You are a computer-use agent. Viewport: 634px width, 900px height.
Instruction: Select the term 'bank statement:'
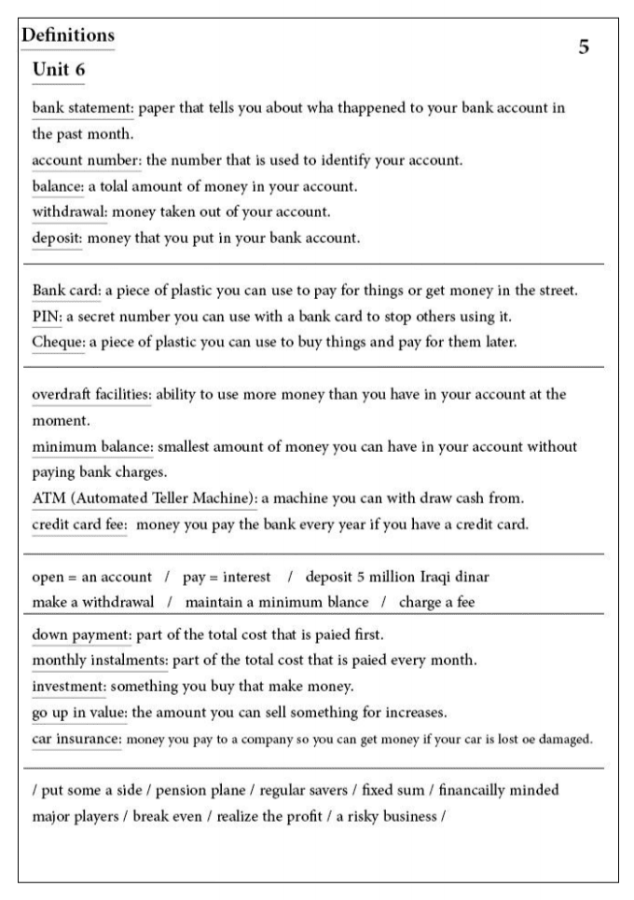pos(84,107)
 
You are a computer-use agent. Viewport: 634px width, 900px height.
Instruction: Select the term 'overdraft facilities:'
pos(91,394)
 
